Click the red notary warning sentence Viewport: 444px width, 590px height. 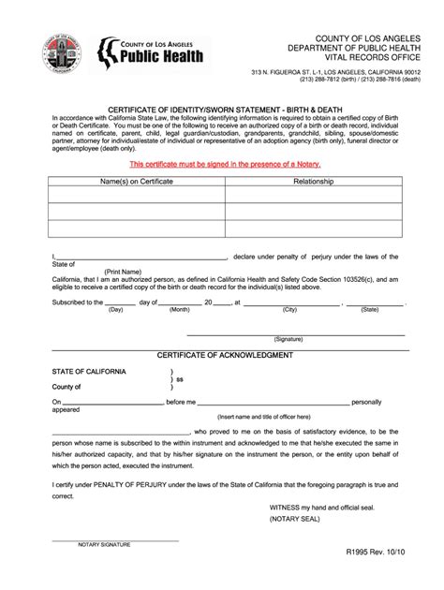(x=221, y=163)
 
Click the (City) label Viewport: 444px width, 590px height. (x=289, y=309)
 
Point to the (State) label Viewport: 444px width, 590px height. (x=370, y=309)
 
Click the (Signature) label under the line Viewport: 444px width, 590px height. (x=288, y=339)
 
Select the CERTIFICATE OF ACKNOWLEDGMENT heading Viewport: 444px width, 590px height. (x=225, y=355)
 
